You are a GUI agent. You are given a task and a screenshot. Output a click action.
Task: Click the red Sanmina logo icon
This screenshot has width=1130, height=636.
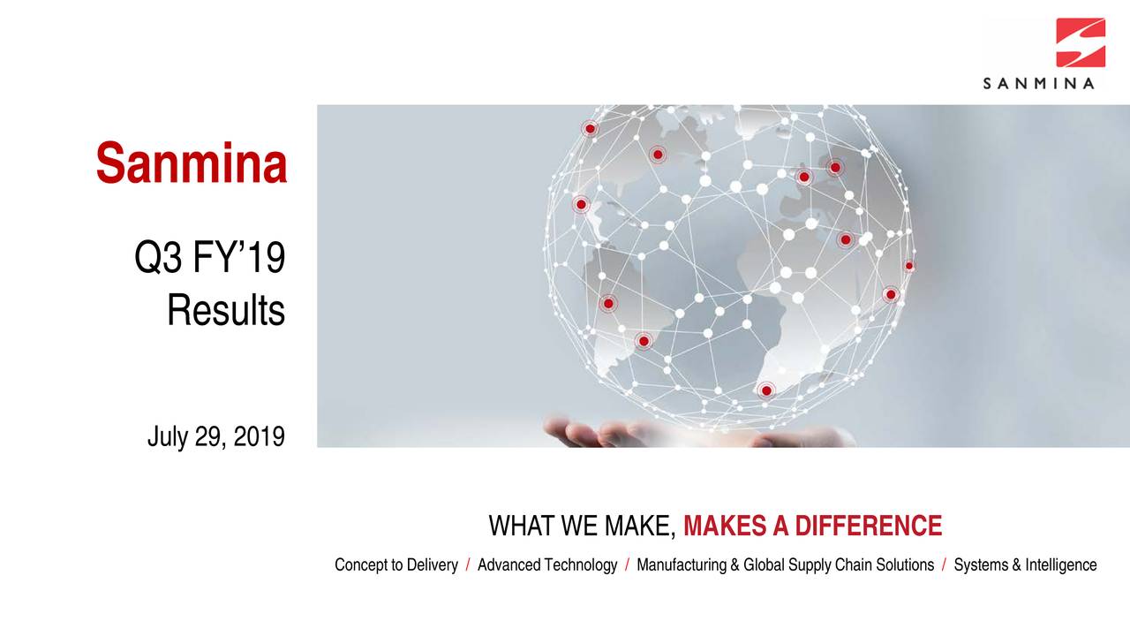[x=1081, y=42]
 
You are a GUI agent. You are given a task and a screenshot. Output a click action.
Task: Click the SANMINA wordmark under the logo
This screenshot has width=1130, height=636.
[x=1039, y=84]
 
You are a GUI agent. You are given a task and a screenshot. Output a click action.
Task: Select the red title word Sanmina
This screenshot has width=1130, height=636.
[x=192, y=164]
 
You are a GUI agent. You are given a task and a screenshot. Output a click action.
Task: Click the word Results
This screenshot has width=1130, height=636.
[x=226, y=311]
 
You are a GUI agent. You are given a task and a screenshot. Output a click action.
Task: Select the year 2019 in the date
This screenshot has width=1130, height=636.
[x=260, y=436]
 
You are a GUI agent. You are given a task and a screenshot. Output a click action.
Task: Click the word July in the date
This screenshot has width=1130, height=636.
[x=168, y=436]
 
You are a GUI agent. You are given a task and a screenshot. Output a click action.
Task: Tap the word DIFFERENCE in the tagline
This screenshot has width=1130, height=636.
[x=869, y=527]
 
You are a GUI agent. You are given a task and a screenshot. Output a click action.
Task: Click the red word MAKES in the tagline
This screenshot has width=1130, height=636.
[x=725, y=527]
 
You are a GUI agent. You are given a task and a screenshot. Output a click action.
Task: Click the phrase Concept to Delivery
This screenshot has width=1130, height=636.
[x=395, y=565]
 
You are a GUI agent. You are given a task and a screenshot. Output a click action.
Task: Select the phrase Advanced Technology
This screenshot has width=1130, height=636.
[x=547, y=565]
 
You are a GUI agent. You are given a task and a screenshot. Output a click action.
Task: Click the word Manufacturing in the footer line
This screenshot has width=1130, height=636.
[x=682, y=565]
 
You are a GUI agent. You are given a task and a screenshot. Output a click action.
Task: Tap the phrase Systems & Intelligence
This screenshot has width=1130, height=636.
[x=1025, y=565]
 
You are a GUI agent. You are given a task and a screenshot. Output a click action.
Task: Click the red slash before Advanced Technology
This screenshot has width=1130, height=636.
[x=468, y=565]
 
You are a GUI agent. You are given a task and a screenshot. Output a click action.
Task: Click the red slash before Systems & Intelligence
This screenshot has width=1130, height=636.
[x=944, y=565]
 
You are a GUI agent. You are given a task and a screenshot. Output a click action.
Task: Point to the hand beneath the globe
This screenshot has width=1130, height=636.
[x=600, y=433]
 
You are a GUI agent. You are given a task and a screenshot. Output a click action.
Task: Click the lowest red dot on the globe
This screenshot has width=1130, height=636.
[x=766, y=390]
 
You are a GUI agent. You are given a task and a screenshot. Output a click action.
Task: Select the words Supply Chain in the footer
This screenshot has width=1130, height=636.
[x=835, y=565]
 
